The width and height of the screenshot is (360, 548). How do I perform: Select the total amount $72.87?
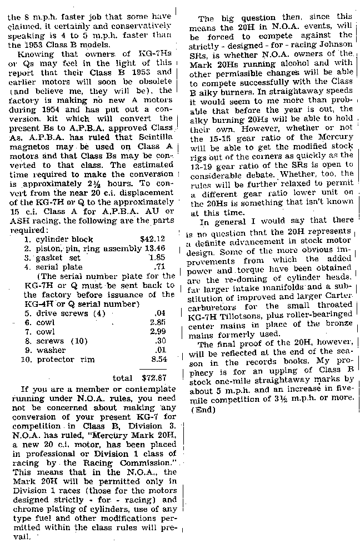pyautogui.click(x=156, y=378)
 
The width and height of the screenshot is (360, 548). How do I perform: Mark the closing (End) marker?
pyautogui.click(x=202, y=410)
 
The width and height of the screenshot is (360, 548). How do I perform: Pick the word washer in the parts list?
pyautogui.click(x=51, y=351)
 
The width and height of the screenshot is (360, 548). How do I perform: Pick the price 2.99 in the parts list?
pyautogui.click(x=159, y=332)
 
